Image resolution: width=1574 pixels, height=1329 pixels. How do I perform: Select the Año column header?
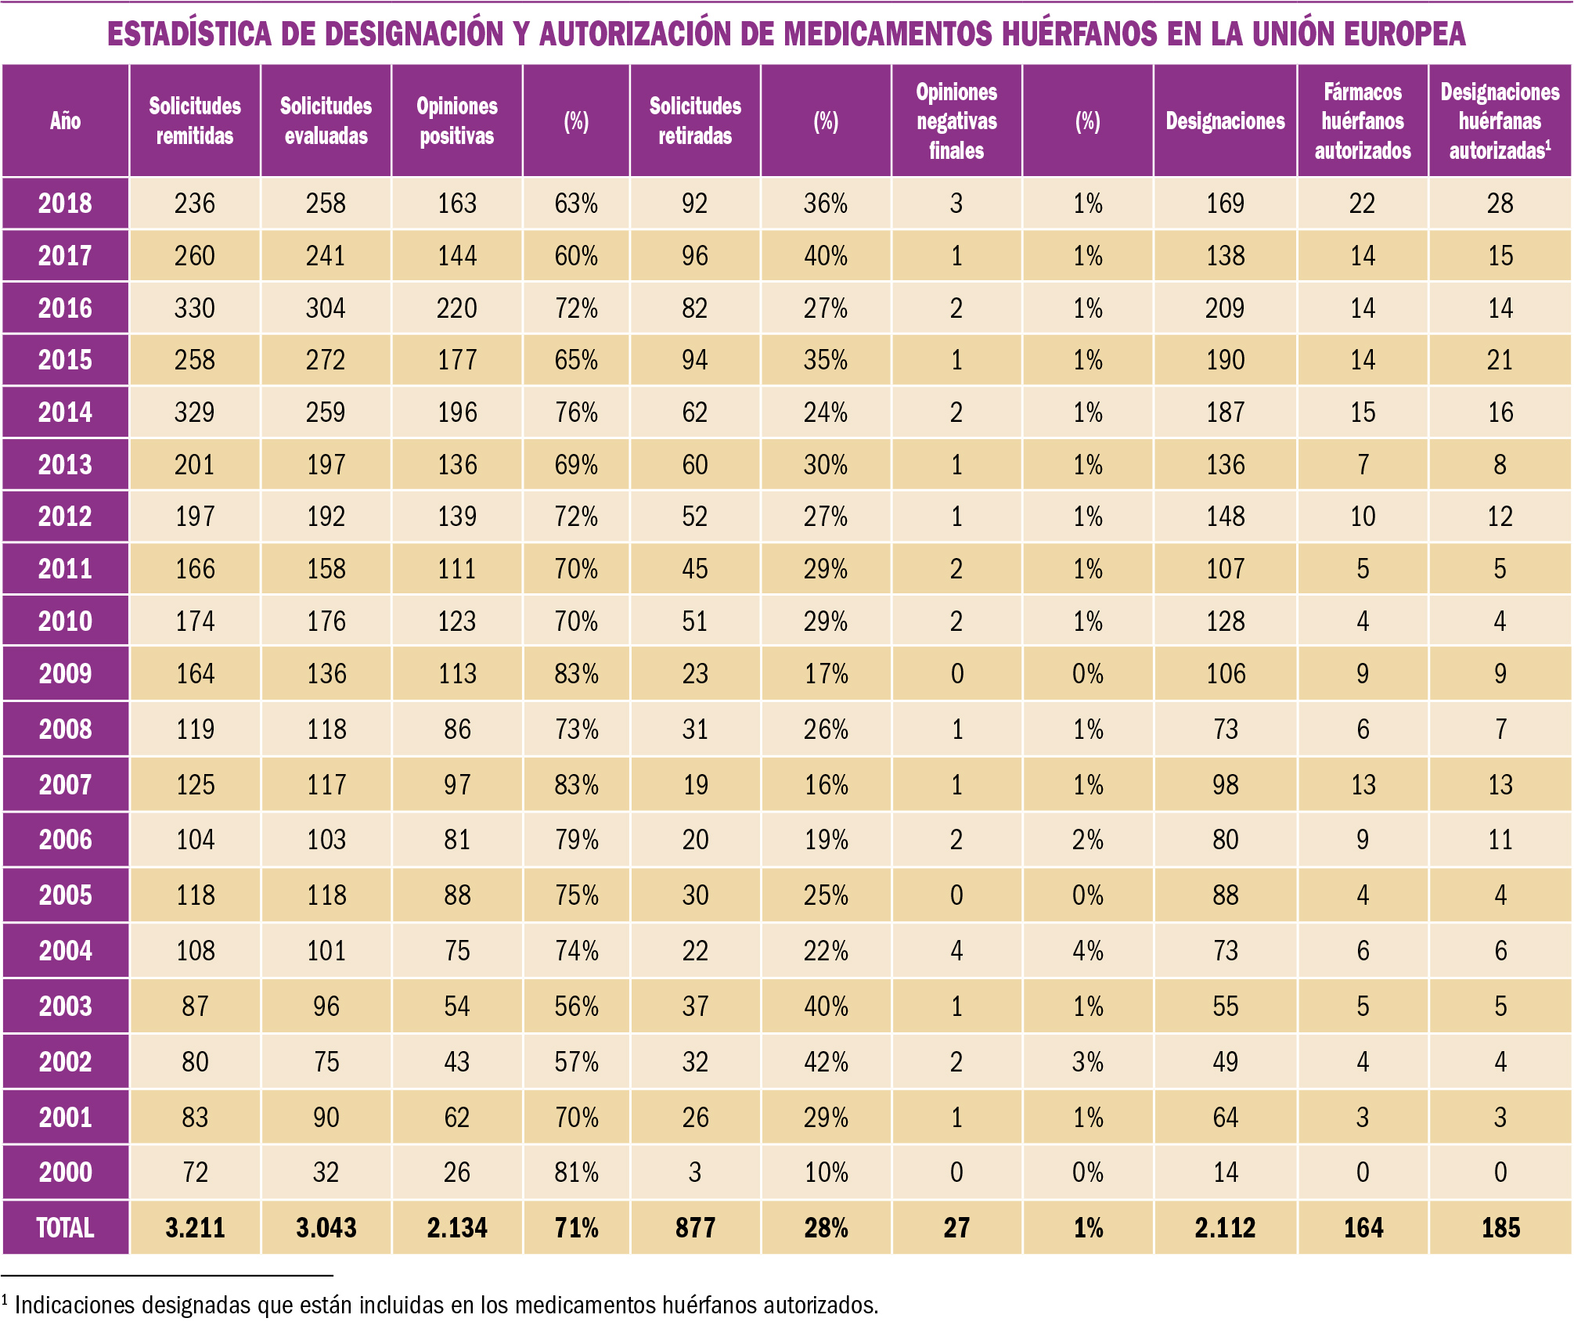[x=65, y=121]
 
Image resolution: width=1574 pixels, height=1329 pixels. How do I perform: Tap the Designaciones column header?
[x=1225, y=121]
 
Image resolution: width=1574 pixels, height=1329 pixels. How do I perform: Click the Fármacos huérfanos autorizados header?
[x=1363, y=121]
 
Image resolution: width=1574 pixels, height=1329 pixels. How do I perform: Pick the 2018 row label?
[x=65, y=203]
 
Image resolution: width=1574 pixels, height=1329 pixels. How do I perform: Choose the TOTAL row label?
[x=65, y=1227]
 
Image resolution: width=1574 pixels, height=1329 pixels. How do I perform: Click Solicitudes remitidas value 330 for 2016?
[x=194, y=308]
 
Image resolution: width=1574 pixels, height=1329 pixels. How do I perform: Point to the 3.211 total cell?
[x=194, y=1227]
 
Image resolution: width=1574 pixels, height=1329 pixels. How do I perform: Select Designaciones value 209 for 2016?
[x=1225, y=308]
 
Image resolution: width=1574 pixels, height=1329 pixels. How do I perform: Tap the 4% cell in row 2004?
[x=1087, y=951]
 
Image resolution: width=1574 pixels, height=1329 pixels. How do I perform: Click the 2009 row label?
[x=65, y=674]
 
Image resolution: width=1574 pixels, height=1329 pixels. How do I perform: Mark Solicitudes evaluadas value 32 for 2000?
[x=326, y=1172]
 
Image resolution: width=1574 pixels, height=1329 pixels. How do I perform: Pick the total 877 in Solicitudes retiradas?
[x=695, y=1227]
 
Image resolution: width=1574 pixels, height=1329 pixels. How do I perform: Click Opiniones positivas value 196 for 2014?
[x=457, y=412]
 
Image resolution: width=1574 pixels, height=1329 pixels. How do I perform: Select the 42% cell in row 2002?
[x=826, y=1062]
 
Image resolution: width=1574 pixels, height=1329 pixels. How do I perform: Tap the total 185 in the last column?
[x=1500, y=1227]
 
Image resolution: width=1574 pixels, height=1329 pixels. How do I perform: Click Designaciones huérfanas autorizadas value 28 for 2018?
[x=1500, y=203]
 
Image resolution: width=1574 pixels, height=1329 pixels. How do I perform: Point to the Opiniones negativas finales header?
[x=956, y=121]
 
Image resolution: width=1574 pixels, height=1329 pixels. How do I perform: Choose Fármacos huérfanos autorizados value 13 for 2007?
[x=1363, y=785]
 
